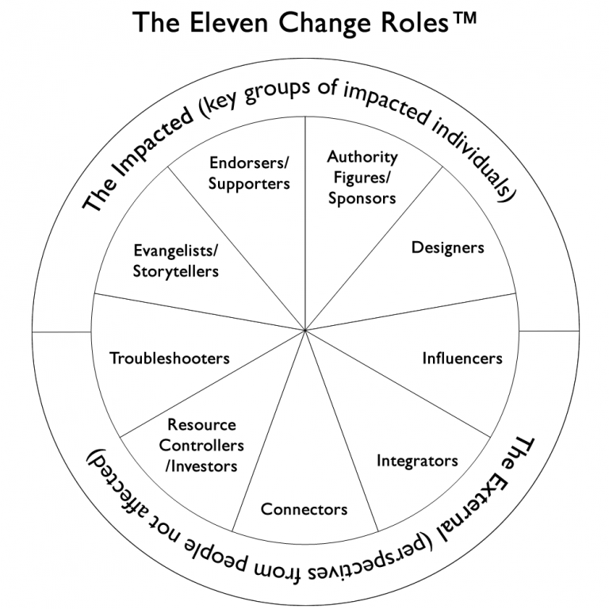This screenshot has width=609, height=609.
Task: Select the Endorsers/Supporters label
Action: click(250, 173)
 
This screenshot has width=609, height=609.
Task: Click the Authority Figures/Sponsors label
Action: click(362, 178)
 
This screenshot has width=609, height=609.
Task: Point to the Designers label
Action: click(447, 247)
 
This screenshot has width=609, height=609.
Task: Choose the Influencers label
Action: click(462, 358)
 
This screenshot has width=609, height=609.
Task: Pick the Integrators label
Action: click(417, 460)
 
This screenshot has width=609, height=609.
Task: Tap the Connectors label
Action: click(304, 508)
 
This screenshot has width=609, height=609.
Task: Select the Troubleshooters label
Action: click(170, 358)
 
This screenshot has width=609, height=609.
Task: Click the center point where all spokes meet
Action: click(305, 330)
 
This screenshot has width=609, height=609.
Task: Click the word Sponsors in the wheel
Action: click(362, 197)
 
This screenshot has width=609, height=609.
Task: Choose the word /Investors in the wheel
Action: click(201, 465)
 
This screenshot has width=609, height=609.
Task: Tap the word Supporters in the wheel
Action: click(250, 183)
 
